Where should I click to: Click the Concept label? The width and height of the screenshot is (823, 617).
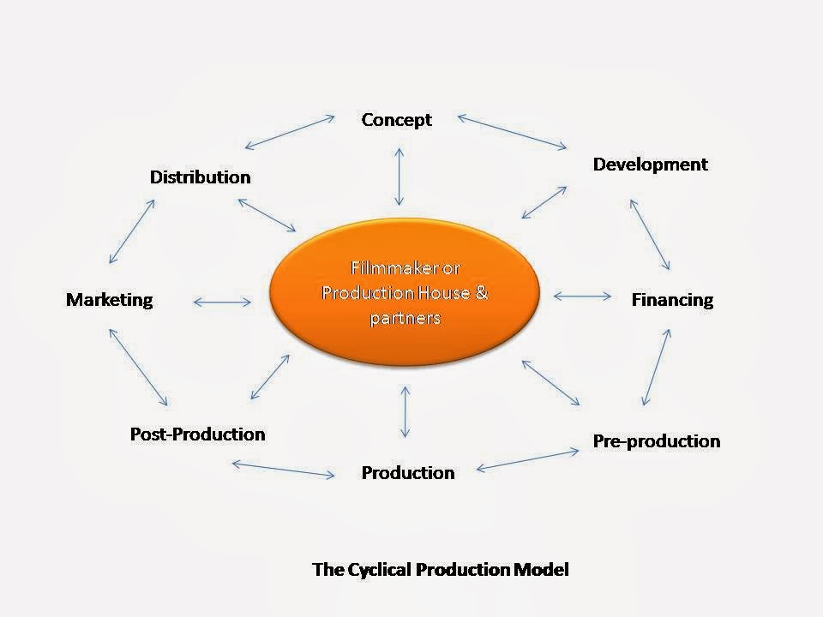396,120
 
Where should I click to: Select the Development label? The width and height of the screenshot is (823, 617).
651,165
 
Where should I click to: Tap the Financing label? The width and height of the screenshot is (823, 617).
672,300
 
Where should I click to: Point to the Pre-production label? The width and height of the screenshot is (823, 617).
657,441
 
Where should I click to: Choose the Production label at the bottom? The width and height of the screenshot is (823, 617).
408,473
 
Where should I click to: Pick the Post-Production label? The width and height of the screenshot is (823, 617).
197,434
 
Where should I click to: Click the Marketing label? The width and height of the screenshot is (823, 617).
109,300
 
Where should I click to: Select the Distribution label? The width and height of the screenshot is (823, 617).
200,177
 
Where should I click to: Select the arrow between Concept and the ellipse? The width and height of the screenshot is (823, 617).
398,176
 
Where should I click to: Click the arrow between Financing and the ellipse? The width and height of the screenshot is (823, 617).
583,297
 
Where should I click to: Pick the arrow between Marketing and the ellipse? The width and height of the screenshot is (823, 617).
223,302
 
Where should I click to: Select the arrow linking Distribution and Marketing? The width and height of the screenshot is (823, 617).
133,231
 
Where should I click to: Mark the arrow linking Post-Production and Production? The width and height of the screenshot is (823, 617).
283,469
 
